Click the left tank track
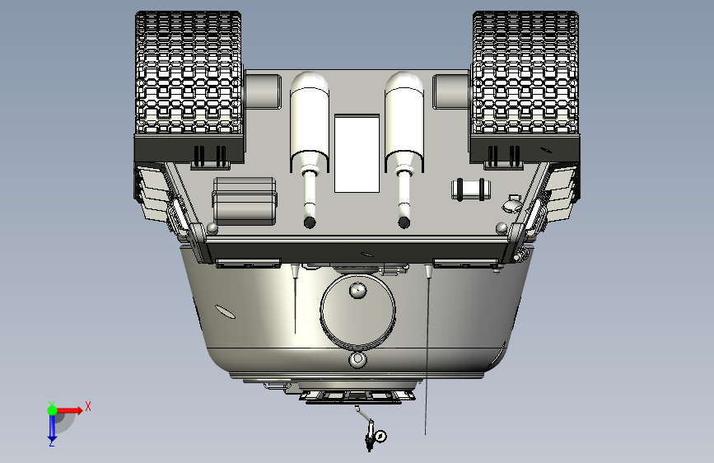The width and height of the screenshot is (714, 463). click(189, 73)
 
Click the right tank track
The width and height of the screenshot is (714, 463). click(525, 73)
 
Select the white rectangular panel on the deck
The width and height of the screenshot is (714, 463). click(357, 153)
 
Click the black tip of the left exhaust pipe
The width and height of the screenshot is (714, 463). click(310, 222)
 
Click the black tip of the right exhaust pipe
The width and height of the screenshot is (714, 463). click(404, 222)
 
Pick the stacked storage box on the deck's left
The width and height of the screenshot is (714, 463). click(245, 201)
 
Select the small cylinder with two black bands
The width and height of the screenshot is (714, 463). click(471, 189)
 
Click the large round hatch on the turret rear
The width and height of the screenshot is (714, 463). click(357, 311)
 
